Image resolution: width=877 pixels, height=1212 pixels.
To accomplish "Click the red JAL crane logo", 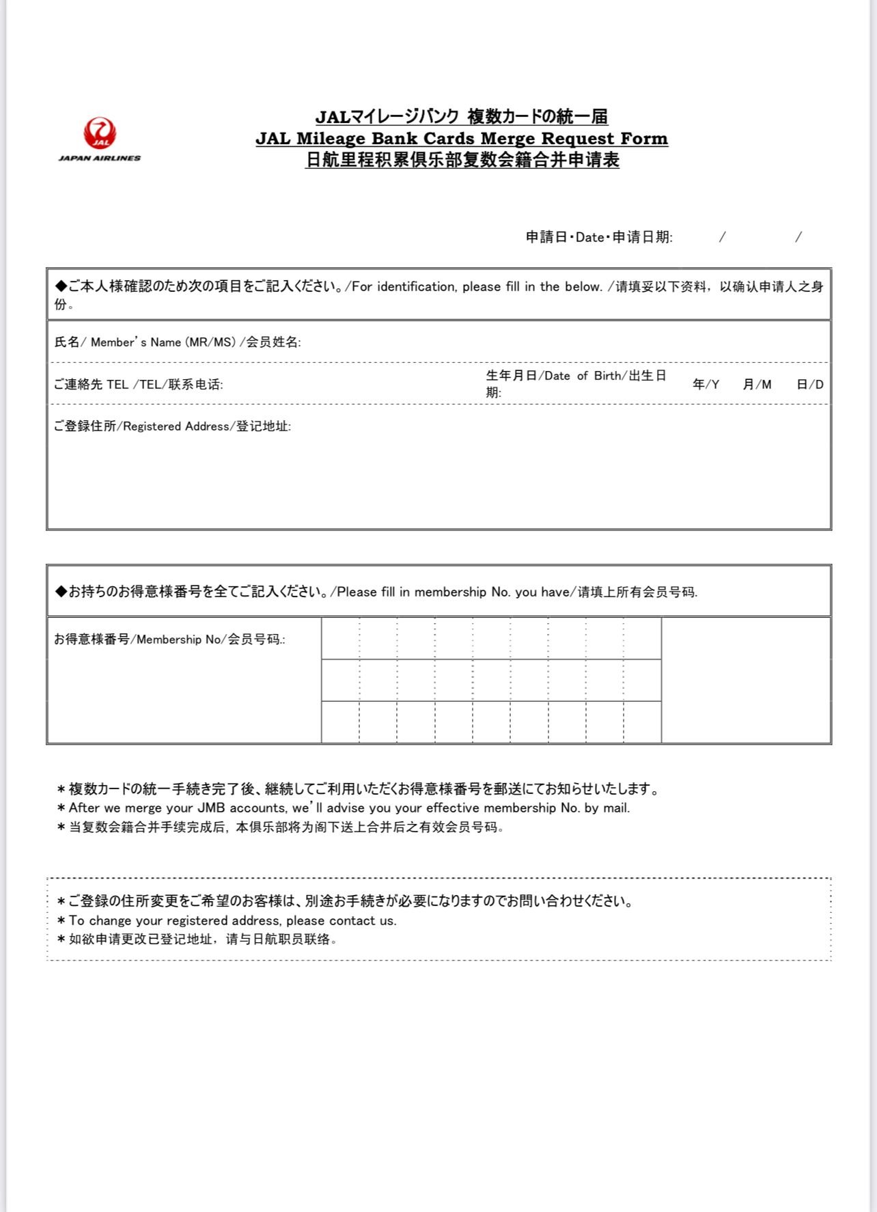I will tap(100, 133).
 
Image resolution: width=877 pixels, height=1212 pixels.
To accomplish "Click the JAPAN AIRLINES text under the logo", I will tap(100, 158).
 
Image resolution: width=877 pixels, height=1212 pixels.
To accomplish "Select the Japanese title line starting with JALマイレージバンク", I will tap(462, 117).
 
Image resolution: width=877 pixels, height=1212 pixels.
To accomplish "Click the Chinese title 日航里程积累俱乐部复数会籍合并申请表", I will tap(462, 161).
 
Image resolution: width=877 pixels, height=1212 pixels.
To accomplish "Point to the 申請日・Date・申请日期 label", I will tap(599, 237).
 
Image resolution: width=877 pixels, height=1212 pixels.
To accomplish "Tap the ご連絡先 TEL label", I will tap(138, 385).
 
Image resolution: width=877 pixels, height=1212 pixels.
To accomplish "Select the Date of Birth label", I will tap(576, 376).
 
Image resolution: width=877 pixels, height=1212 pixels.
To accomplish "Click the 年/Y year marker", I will tap(706, 385).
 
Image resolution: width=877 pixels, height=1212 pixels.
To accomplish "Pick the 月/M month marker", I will tap(757, 385).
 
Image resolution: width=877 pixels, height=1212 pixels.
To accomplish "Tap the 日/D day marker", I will tap(810, 385).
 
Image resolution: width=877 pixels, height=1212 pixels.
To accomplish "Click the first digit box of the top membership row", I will tap(340, 639).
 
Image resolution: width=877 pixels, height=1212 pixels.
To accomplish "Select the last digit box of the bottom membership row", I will tap(642, 722).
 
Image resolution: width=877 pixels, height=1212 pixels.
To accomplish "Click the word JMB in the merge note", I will tap(211, 808).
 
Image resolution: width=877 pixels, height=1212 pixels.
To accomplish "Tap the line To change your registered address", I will tap(232, 921).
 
